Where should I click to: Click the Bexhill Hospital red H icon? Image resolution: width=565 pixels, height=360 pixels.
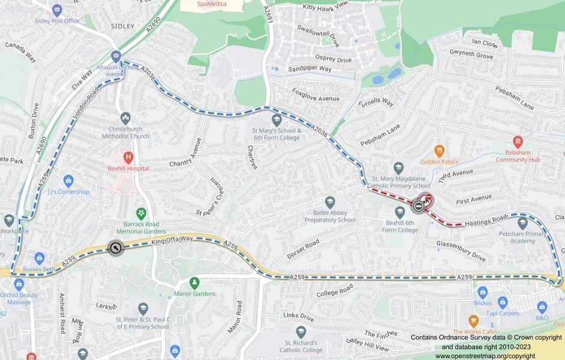[x=127, y=157]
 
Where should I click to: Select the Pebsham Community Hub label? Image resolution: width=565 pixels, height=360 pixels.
[x=518, y=159]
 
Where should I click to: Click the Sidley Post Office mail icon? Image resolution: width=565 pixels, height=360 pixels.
[x=57, y=10]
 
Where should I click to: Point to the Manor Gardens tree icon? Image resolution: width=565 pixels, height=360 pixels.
[x=194, y=282]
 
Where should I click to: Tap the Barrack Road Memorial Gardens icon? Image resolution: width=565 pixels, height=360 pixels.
[x=140, y=213]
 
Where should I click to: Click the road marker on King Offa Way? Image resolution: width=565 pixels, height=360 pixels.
[x=115, y=248]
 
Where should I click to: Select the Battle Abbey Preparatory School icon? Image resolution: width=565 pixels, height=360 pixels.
[x=329, y=202]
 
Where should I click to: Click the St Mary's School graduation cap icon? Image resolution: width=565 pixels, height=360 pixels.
[x=276, y=119]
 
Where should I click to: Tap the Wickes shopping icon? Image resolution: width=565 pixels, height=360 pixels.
[x=483, y=289]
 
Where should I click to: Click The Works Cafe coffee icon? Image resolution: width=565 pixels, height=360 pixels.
[x=474, y=320]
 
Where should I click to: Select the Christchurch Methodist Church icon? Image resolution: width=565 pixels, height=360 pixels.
[x=125, y=118]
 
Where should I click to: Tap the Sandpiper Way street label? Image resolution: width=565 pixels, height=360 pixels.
[x=310, y=69]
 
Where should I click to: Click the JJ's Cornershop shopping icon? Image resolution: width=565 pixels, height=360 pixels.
[x=68, y=180]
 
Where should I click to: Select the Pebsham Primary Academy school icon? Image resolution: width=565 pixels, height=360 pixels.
[x=522, y=224]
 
